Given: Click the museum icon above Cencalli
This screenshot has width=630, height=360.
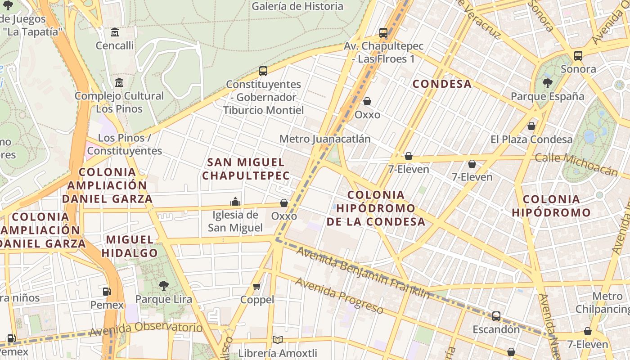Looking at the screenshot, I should pyautogui.click(x=115, y=32).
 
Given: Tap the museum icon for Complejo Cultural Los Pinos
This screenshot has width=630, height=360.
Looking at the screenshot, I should pyautogui.click(x=119, y=83).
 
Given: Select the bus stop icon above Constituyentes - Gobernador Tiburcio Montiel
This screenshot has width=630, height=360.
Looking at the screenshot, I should pyautogui.click(x=263, y=71).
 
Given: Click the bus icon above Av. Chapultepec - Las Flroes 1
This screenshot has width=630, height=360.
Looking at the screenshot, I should pyautogui.click(x=383, y=33).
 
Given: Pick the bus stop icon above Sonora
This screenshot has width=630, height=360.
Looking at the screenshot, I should pyautogui.click(x=578, y=56).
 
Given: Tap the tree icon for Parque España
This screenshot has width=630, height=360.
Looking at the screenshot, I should pyautogui.click(x=548, y=83).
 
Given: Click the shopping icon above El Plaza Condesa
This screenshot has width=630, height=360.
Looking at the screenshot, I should pyautogui.click(x=531, y=126).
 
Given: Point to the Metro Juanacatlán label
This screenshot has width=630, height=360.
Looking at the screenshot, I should pyautogui.click(x=325, y=139).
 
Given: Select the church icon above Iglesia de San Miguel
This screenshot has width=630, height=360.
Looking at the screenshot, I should pyautogui.click(x=235, y=202).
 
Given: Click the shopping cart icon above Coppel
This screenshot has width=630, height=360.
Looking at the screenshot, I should pyautogui.click(x=257, y=286).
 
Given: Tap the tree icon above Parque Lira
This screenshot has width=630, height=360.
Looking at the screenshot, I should pyautogui.click(x=163, y=285).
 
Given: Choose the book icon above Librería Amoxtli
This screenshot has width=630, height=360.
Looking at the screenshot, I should pyautogui.click(x=278, y=340).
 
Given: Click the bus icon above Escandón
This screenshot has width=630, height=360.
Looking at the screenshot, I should pyautogui.click(x=496, y=316).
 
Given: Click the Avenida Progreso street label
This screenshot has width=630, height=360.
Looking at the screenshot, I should pyautogui.click(x=339, y=295).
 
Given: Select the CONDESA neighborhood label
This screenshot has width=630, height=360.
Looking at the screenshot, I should pyautogui.click(x=442, y=84).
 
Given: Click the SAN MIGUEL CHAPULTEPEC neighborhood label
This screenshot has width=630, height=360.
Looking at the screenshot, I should pyautogui.click(x=246, y=169).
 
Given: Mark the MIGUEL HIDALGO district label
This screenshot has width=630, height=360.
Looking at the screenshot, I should pyautogui.click(x=129, y=246).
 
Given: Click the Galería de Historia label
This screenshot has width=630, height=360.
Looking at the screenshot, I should pyautogui.click(x=297, y=6).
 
